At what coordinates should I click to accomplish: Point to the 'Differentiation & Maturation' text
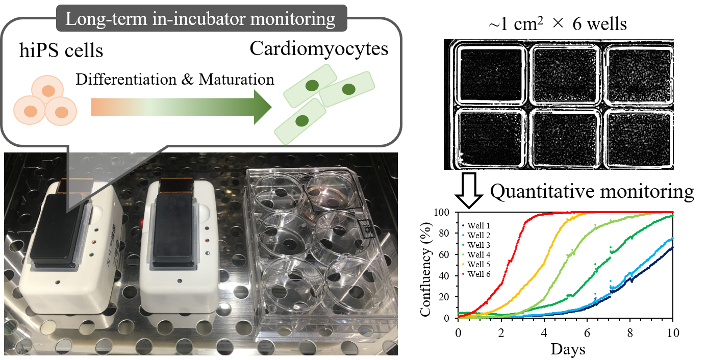point(175,80)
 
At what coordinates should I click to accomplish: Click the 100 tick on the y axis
point(444,212)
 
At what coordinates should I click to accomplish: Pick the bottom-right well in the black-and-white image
point(638,137)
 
